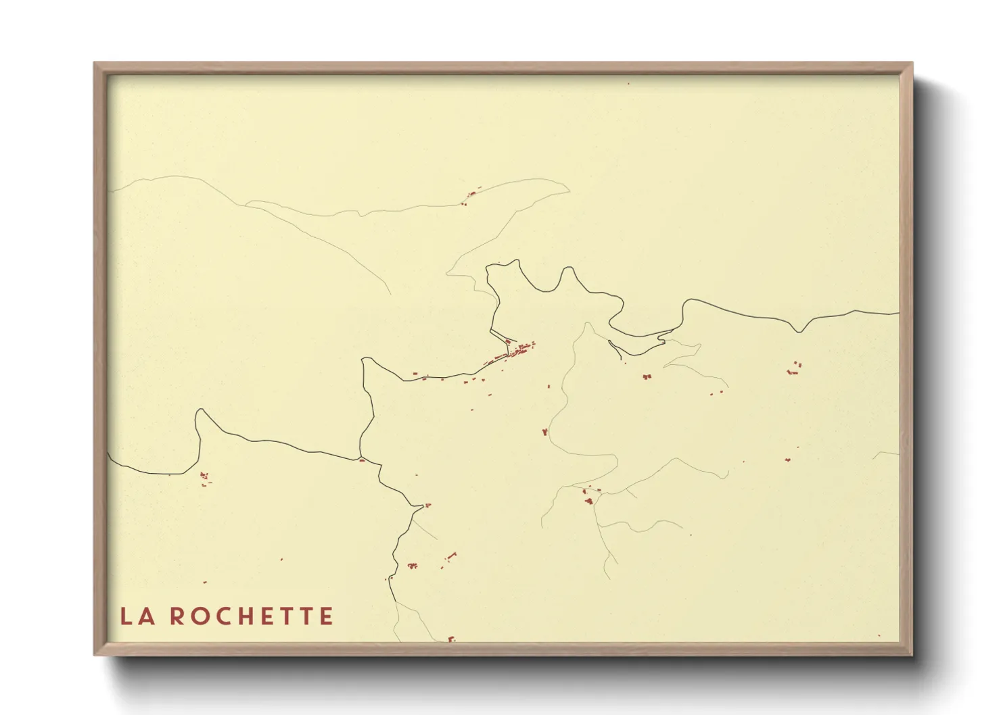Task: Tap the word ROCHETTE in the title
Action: pos(251,616)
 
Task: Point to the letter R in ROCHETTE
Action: pos(176,616)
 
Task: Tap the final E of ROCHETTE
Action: pos(327,616)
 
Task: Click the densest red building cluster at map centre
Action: pos(521,349)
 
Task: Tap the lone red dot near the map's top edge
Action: pos(628,84)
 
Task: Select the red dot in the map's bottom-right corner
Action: pos(879,636)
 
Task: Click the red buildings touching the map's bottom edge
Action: pos(451,639)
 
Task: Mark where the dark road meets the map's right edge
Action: pos(899,313)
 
